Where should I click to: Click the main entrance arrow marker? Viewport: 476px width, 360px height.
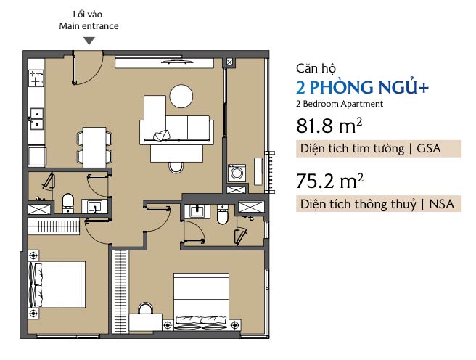point(89,41)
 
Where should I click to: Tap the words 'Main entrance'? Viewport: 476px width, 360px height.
point(89,26)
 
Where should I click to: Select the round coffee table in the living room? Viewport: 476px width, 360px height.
point(181,97)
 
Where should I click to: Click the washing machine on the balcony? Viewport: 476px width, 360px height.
point(237,173)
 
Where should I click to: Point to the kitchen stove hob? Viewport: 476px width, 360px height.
point(36,78)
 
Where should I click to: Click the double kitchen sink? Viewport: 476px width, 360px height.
point(36,119)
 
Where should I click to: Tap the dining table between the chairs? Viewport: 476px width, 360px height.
point(94,147)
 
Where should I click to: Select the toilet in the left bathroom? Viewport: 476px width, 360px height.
point(68,203)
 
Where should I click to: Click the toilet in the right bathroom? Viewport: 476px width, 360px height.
point(223,214)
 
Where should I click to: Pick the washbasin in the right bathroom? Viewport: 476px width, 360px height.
point(197,211)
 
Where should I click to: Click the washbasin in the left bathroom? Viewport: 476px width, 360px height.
point(95,207)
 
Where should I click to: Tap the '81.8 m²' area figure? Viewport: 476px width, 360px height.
point(329,125)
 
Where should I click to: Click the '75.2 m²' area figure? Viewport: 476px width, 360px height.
point(329,181)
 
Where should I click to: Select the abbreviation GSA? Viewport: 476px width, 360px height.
point(428,149)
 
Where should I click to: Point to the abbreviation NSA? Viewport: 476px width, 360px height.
point(441,204)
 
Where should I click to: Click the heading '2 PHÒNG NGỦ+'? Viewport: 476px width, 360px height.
point(362,87)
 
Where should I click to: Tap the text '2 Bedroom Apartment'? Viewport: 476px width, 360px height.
point(340,104)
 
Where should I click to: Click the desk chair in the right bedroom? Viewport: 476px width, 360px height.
point(145,308)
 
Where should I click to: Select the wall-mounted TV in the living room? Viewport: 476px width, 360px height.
point(177,62)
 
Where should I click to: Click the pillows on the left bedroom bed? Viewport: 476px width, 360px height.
point(36,285)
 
